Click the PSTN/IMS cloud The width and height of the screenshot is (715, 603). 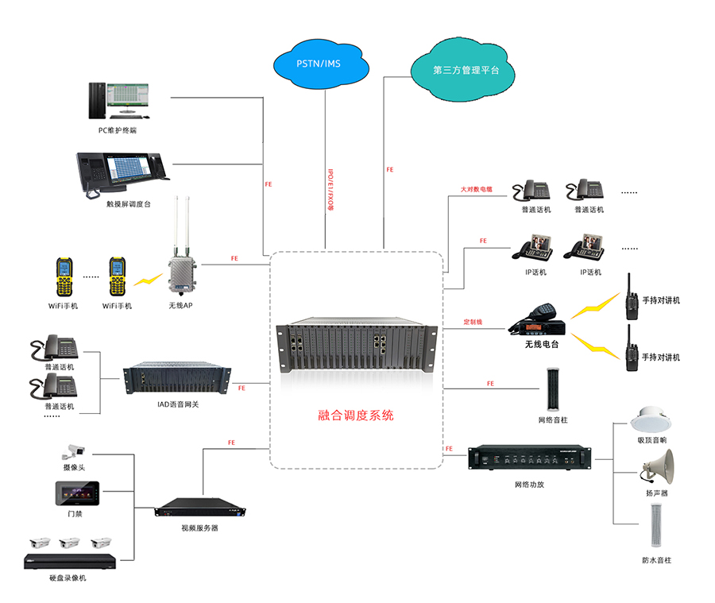tap(319, 63)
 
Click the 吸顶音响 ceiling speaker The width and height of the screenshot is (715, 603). tap(651, 420)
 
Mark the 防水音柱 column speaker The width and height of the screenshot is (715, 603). tap(656, 527)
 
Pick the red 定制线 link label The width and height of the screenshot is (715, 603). tap(473, 323)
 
